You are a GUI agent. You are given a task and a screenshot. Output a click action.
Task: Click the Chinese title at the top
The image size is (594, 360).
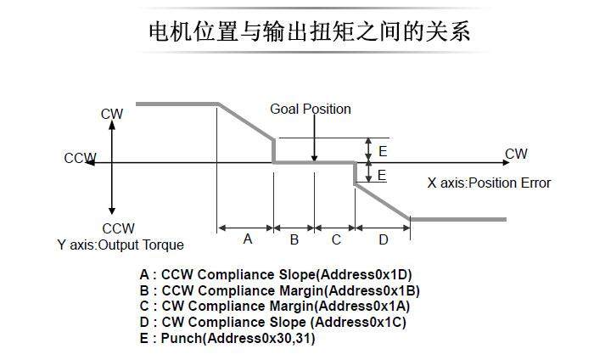(309, 31)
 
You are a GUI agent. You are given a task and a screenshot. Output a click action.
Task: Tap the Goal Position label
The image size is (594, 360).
(310, 109)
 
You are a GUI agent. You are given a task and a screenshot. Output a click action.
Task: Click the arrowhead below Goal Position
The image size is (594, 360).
(314, 157)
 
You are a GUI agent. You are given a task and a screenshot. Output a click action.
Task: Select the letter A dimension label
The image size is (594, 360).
(248, 239)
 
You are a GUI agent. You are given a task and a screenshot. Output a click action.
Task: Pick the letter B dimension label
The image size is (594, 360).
(294, 239)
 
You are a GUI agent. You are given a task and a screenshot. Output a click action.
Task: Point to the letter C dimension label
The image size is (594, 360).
(336, 239)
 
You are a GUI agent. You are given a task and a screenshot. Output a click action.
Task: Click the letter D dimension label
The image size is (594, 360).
(383, 239)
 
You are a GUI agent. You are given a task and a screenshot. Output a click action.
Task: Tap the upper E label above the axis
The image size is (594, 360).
(383, 151)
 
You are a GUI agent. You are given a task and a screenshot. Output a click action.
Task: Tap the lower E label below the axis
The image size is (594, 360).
(382, 175)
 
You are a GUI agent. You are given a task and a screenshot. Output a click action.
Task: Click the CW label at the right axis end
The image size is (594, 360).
(516, 154)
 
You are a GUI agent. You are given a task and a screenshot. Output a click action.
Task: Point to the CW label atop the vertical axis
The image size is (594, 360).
(112, 114)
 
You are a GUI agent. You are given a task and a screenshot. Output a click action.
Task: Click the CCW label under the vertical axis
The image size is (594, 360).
(118, 228)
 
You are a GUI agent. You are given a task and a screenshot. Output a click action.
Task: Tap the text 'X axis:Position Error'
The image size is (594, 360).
(489, 183)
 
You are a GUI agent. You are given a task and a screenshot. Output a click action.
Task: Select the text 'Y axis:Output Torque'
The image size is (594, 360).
(120, 245)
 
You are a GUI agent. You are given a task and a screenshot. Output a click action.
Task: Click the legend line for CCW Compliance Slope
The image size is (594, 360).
(276, 275)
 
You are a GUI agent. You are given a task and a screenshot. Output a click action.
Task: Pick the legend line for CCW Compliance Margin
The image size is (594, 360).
(279, 291)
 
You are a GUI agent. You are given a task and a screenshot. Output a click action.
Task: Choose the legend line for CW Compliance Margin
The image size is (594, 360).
(274, 307)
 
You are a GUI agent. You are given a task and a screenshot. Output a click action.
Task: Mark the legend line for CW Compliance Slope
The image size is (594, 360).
(273, 323)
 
